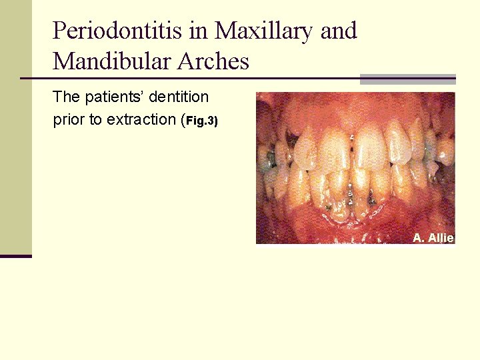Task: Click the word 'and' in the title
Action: coord(338,31)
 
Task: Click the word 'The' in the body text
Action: coord(66,97)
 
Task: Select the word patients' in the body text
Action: coord(114,97)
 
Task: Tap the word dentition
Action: coord(179,97)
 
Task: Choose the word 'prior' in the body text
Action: coord(67,120)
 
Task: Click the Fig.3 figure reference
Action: coord(201,121)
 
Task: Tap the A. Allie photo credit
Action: coord(433,238)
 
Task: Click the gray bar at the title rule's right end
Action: coord(407,79)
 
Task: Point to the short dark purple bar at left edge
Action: coord(15,255)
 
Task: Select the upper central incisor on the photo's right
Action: coord(369,147)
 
